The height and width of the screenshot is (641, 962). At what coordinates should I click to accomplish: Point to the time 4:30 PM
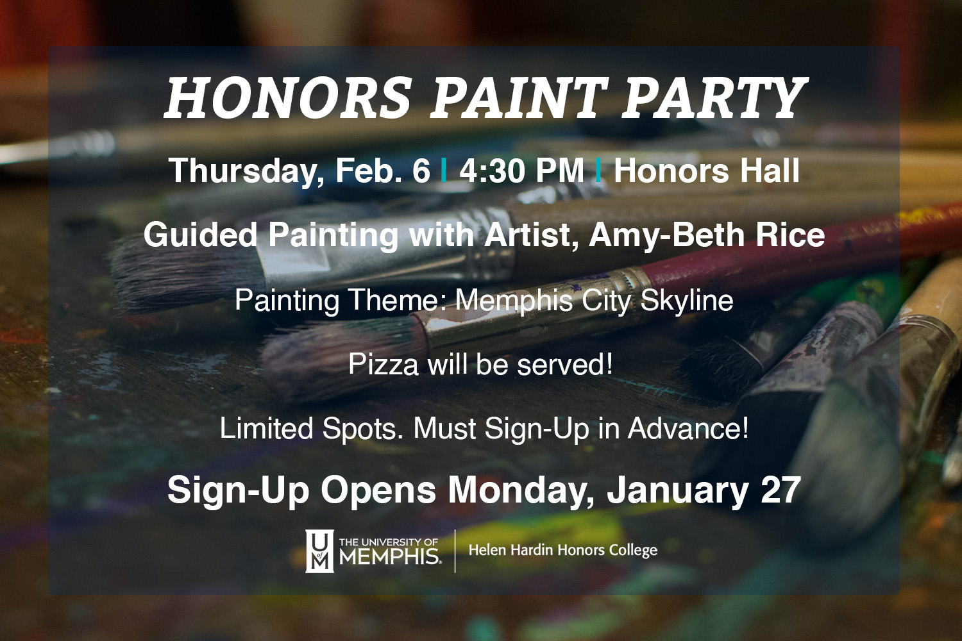coord(521,171)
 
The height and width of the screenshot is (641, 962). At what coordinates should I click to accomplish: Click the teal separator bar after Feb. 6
coord(444,171)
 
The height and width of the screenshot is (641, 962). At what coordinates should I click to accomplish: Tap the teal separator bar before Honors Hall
coord(598,171)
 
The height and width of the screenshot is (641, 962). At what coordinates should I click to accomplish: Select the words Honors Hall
coord(707,171)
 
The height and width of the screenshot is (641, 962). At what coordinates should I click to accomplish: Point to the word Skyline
coord(686,301)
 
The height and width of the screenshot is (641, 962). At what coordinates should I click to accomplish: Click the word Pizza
coord(383,365)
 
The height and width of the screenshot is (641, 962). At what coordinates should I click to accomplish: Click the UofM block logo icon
coord(319,551)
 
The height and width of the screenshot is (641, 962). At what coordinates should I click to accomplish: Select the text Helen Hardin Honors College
coord(563,551)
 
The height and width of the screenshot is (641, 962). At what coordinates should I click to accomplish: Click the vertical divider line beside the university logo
coord(455,551)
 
